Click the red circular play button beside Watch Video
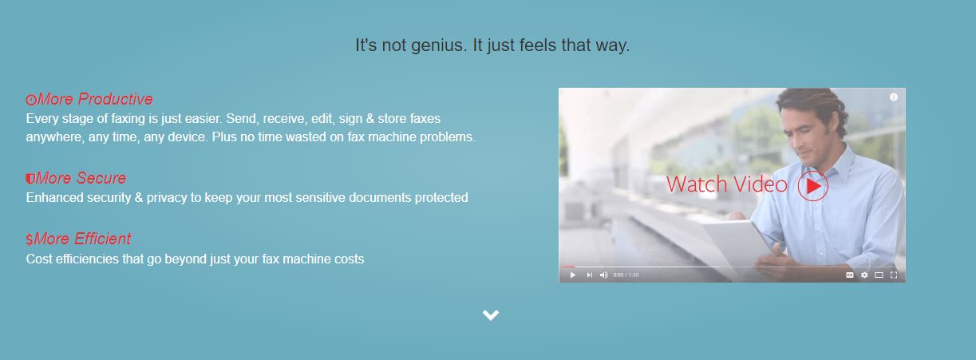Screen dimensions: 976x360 (x=812, y=186)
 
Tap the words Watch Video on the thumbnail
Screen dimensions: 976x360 (x=727, y=184)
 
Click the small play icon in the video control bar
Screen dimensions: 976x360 (x=573, y=275)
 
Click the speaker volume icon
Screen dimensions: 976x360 (x=604, y=275)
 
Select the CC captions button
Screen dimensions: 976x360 (x=850, y=275)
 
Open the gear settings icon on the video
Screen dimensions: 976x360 (x=864, y=275)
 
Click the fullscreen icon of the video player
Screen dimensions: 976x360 (x=894, y=275)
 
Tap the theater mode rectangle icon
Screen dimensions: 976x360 (x=879, y=275)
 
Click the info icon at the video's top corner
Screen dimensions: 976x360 (x=894, y=97)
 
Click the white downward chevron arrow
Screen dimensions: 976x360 (x=491, y=315)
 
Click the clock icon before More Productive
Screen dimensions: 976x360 (x=31, y=100)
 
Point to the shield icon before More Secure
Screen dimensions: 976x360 (x=30, y=179)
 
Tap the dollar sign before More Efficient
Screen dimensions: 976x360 (x=30, y=239)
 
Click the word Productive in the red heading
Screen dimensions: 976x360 (x=116, y=99)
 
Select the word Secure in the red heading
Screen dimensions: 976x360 (x=101, y=178)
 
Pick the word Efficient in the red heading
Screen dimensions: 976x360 (x=102, y=239)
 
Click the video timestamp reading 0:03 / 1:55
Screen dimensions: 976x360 (x=626, y=275)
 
